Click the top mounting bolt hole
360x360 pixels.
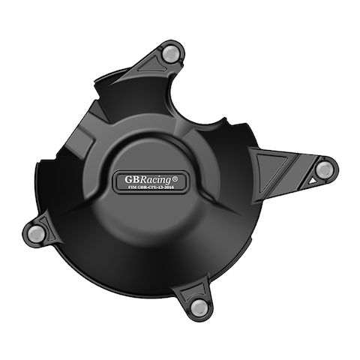pyautogui.click(x=172, y=53)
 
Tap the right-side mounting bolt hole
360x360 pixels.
pyautogui.click(x=323, y=169)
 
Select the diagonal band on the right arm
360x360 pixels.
pyautogui.click(x=294, y=166)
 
